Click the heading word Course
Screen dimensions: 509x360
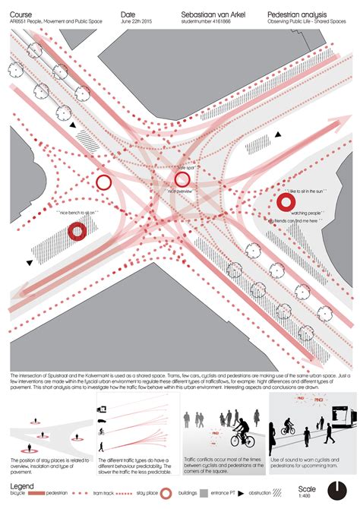coord(21,14)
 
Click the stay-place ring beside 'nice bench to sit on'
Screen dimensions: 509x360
coord(77,232)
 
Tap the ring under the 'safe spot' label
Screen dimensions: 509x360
coord(182,179)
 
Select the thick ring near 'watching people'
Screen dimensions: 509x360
coord(286,201)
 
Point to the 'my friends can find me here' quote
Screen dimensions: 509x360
coord(292,220)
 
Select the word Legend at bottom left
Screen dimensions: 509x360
coord(22,486)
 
